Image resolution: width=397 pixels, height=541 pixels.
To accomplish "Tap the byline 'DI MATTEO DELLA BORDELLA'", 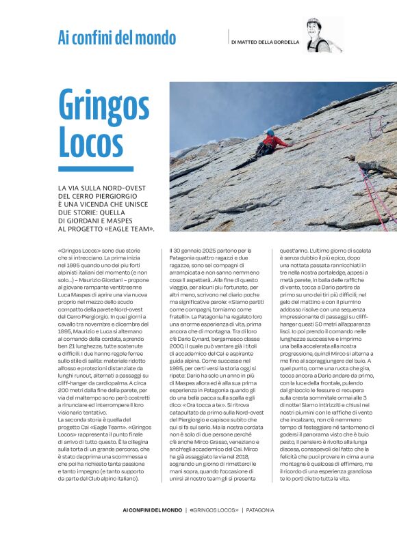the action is click(266, 42).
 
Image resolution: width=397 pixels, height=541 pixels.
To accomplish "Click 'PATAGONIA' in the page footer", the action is click(257, 510).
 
